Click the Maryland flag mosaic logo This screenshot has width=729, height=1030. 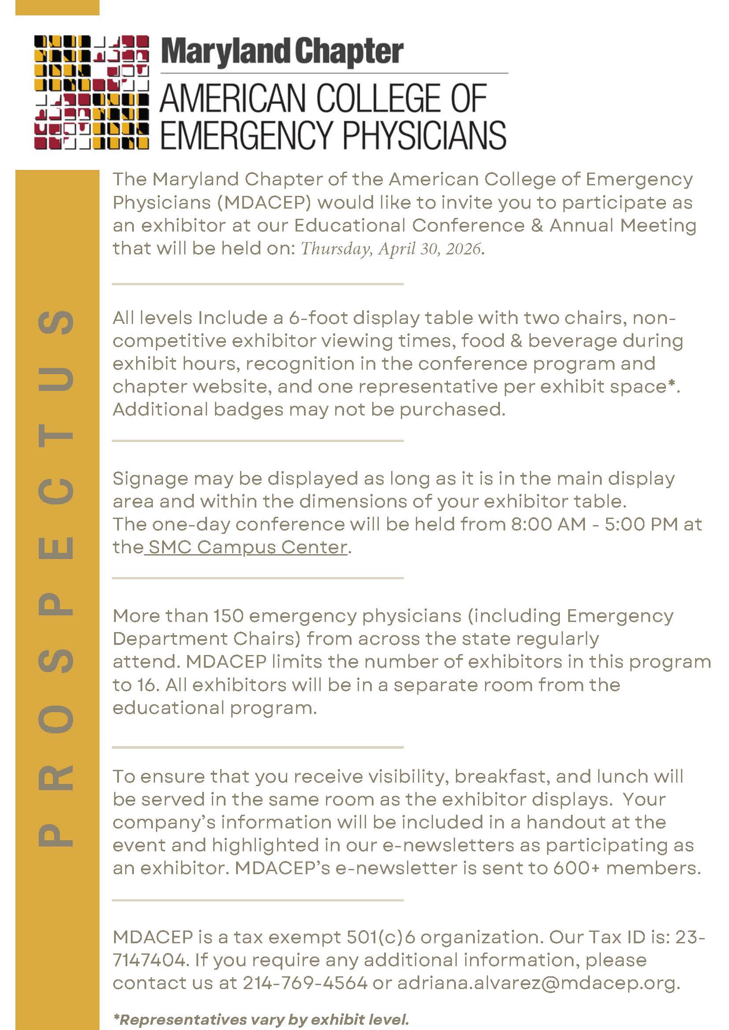[92, 92]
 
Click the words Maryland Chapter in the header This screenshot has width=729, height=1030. [282, 52]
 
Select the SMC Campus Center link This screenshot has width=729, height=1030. [248, 547]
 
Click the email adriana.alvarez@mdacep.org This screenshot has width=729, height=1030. [539, 983]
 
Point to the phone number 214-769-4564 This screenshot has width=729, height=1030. [305, 983]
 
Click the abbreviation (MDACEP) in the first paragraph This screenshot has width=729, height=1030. [264, 203]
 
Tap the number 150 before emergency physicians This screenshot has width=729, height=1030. [228, 616]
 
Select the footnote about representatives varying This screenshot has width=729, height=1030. [261, 1020]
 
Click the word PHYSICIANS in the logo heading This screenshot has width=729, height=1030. [424, 135]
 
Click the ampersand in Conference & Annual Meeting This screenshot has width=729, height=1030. [537, 225]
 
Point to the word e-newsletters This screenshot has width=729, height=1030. [448, 845]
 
